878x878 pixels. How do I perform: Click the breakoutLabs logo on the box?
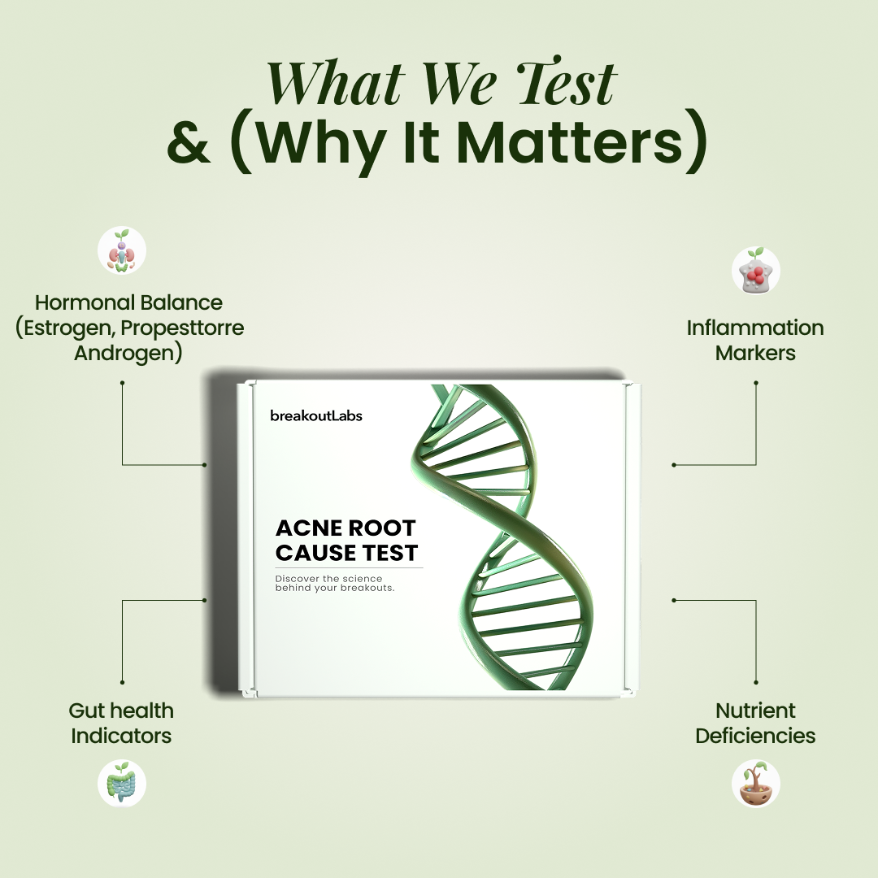tap(315, 415)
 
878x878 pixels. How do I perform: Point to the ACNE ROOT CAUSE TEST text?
tap(346, 540)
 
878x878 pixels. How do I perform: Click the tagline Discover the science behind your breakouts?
tap(335, 583)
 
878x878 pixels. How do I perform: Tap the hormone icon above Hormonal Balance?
tap(122, 251)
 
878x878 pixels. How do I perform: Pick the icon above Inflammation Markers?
tap(756, 271)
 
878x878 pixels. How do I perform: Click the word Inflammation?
tap(755, 328)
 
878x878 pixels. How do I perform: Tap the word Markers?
tap(755, 354)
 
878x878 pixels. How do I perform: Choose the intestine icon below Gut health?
tap(122, 783)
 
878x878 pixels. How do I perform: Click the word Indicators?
tap(121, 736)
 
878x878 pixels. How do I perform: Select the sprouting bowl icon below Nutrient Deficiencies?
tap(756, 783)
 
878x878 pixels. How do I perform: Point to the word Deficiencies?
tap(755, 736)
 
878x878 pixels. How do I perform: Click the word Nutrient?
tap(755, 711)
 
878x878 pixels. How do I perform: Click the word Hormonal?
tap(84, 302)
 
